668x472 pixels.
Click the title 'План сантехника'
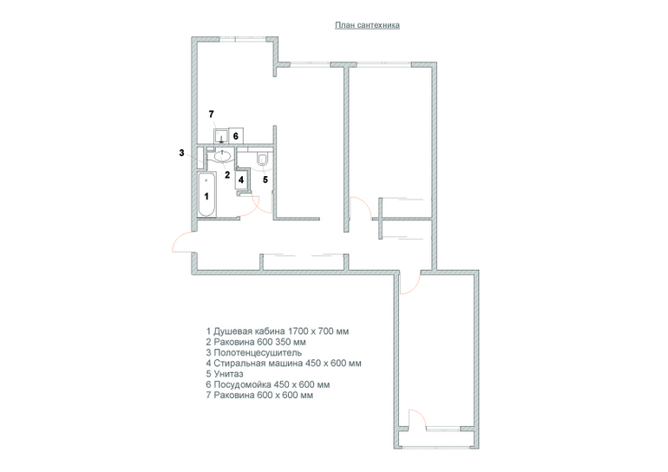point(367,25)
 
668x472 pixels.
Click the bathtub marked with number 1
point(207,194)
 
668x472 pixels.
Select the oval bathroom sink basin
point(223,156)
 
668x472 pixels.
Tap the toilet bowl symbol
point(262,159)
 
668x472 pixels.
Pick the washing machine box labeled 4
point(241,180)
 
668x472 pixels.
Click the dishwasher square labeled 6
point(236,135)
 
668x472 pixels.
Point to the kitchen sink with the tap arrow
point(220,135)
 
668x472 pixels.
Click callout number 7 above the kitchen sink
point(212,115)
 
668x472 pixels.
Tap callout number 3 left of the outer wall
point(181,153)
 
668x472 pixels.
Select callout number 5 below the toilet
point(265,180)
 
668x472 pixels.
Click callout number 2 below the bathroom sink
point(227,174)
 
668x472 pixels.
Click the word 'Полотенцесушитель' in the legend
point(258,353)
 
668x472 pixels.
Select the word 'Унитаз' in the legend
point(228,374)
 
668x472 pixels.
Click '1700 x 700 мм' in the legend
point(318,331)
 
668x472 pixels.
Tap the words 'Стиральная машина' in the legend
point(259,364)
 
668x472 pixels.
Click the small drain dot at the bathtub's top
point(206,180)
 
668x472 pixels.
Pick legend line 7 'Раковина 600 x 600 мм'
point(259,396)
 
